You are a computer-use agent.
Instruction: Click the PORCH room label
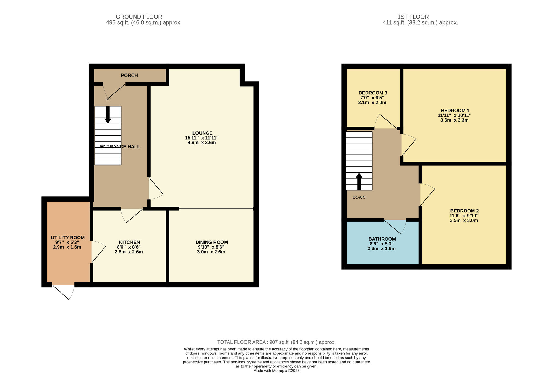[x=129, y=75]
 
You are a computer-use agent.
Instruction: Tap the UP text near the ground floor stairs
[x=108, y=99]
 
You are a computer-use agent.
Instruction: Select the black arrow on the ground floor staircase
[x=108, y=115]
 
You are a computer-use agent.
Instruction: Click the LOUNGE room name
[x=202, y=133]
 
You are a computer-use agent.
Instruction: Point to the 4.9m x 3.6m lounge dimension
[x=202, y=143]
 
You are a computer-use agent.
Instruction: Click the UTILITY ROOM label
[x=68, y=238]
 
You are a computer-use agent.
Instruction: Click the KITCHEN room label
[x=129, y=242]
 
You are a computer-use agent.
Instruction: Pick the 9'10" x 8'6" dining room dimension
[x=211, y=247]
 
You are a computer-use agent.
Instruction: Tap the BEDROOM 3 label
[x=373, y=93]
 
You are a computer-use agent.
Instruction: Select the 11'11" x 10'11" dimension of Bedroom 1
[x=454, y=115]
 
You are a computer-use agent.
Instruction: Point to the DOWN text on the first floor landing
[x=359, y=198]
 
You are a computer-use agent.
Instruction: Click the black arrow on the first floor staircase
[x=359, y=181]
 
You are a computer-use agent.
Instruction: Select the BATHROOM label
[x=382, y=239]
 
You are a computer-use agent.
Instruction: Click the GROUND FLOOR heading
[x=139, y=17]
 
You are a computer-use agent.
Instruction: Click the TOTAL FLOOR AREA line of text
[x=276, y=342]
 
